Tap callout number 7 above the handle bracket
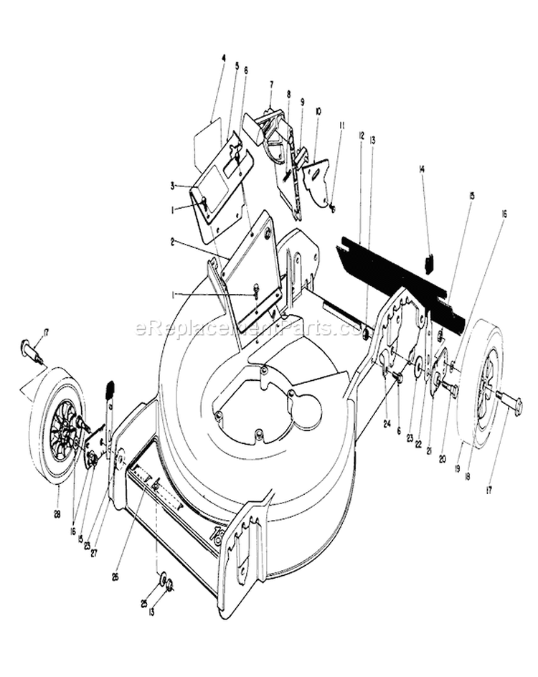pos(271,84)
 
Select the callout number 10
pos(318,112)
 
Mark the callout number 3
pos(173,185)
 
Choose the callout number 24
pos(387,422)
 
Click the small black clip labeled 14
pos(430,264)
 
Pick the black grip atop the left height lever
pos(110,391)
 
